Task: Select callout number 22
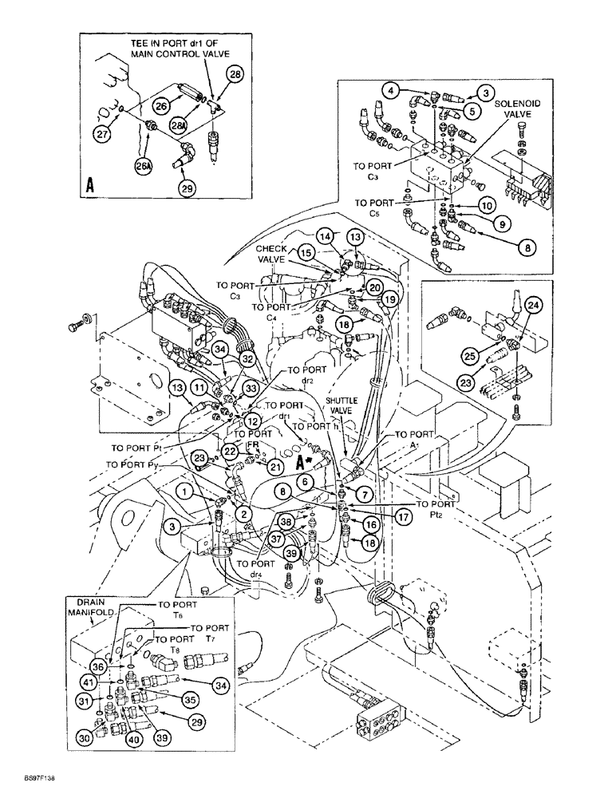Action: (x=231, y=452)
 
